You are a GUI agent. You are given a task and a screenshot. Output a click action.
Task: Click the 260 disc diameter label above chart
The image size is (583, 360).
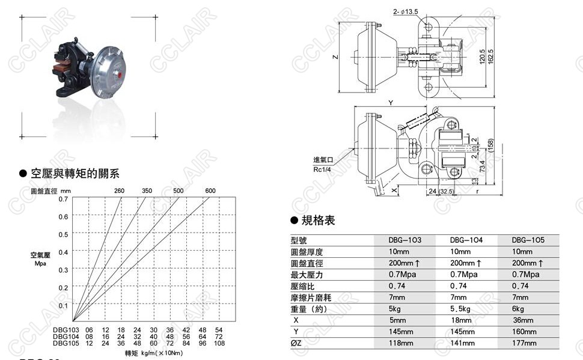click(119, 191)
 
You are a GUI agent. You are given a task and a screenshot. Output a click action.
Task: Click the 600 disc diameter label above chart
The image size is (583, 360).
click(210, 191)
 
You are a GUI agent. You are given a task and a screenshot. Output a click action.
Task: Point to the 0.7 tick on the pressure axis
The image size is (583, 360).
click(63, 198)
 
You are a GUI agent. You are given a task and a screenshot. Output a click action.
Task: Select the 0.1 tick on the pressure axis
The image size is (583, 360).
click(63, 305)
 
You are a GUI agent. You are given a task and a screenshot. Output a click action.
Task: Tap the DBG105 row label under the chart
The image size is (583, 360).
click(66, 344)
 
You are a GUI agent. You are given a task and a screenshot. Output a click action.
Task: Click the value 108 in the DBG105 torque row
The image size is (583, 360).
click(219, 344)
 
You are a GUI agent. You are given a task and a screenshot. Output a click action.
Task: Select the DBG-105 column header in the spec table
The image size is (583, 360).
click(528, 240)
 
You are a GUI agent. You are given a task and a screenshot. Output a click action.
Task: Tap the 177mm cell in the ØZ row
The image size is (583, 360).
click(524, 343)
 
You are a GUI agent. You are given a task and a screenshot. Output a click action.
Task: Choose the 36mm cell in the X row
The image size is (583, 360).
click(524, 320)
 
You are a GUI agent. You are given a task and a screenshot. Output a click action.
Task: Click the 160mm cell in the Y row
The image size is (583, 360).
click(524, 331)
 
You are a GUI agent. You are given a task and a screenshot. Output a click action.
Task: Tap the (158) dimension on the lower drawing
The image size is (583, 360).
click(490, 145)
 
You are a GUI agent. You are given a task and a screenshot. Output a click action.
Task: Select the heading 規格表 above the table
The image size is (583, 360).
click(318, 221)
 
